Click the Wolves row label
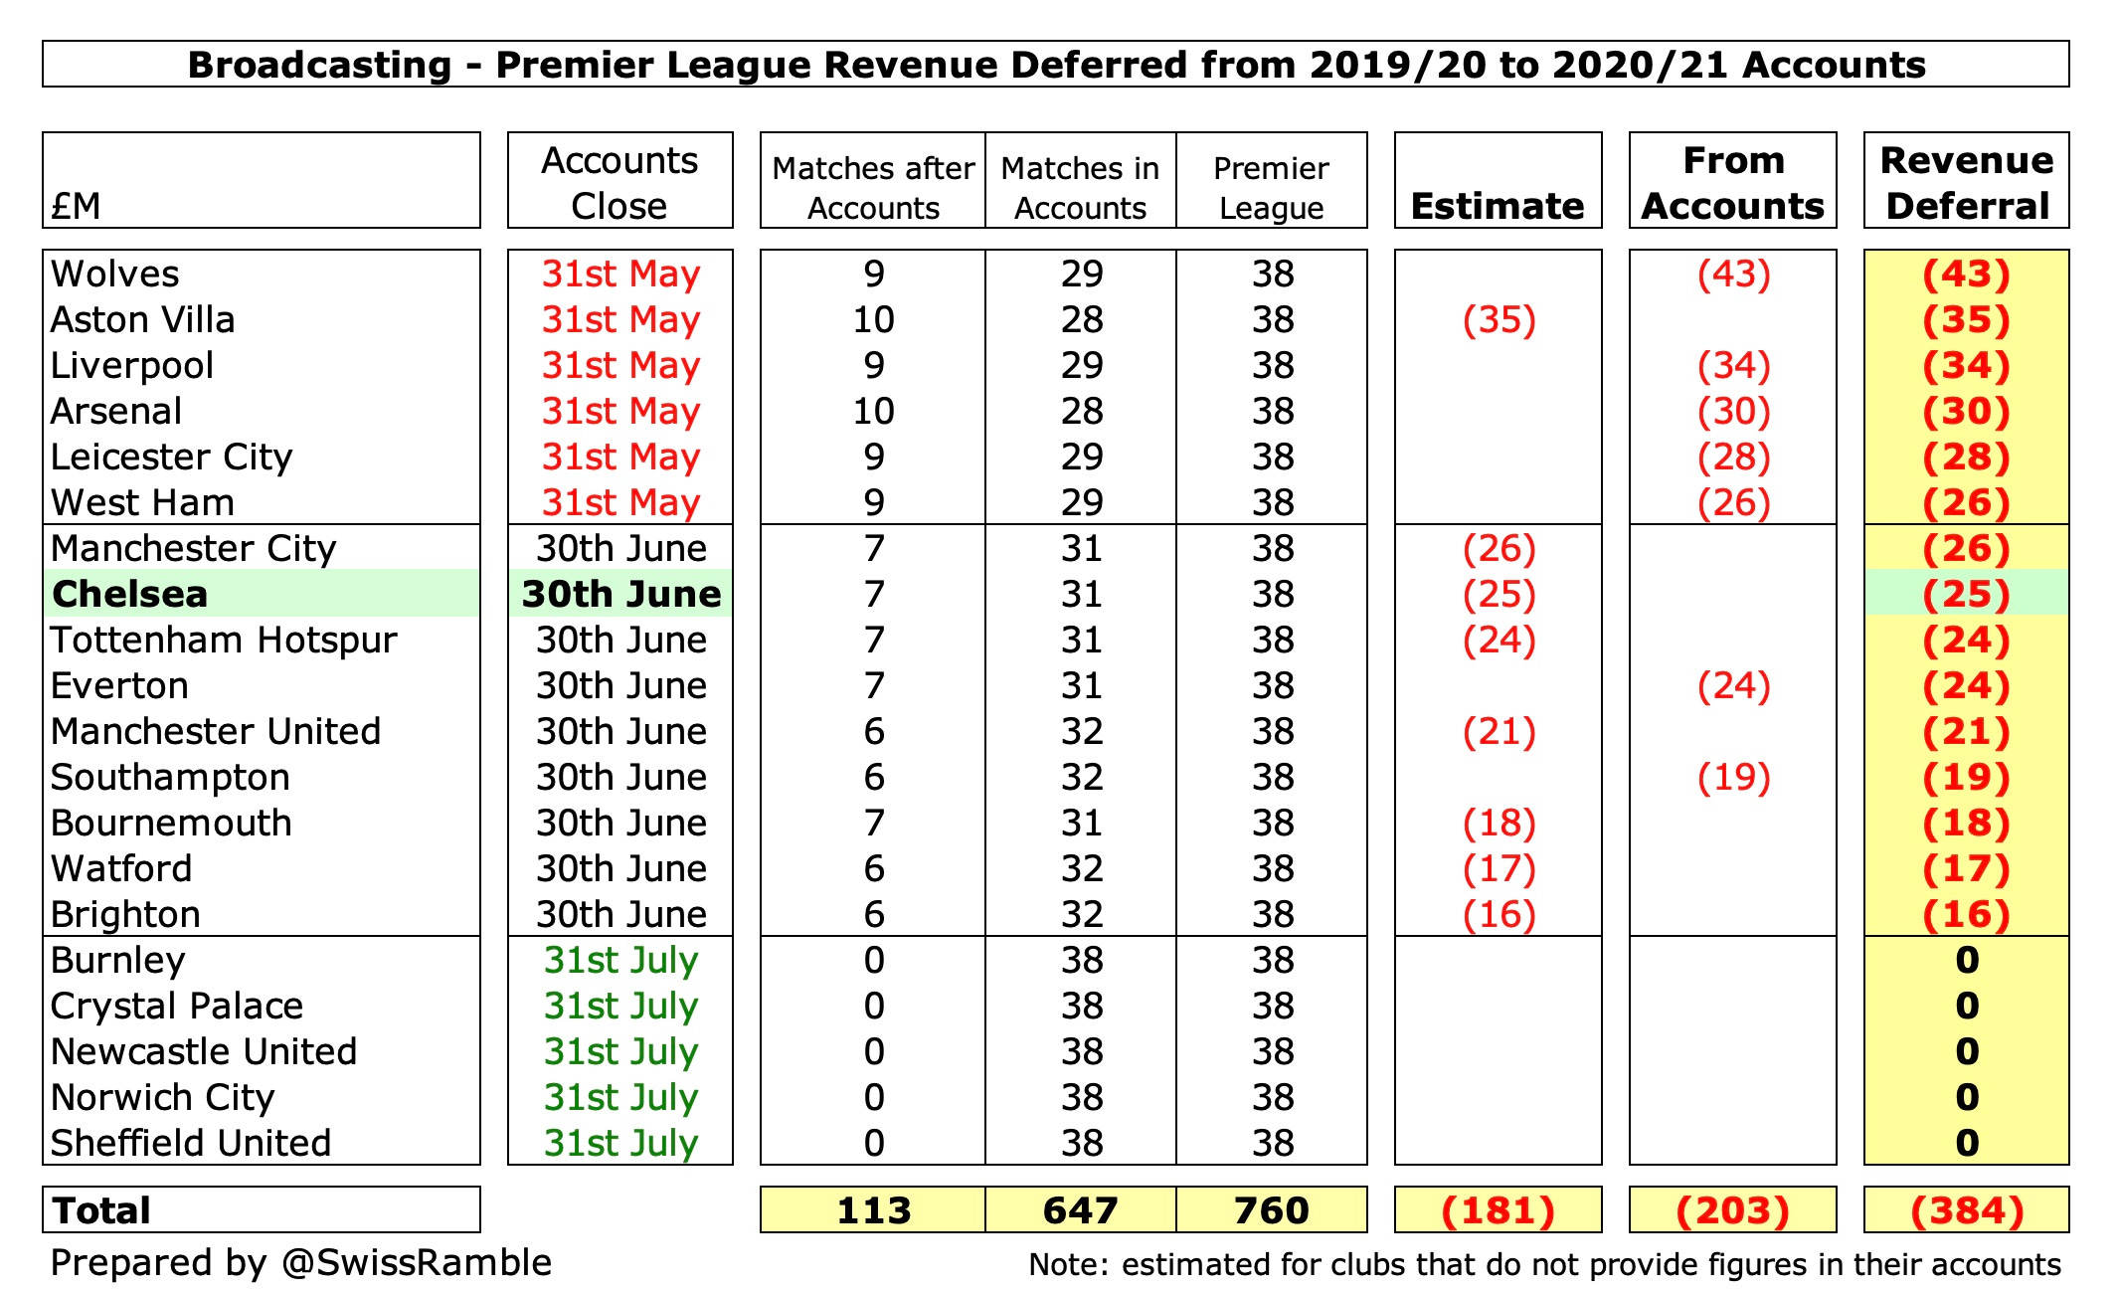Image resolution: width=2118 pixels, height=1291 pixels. pos(115,274)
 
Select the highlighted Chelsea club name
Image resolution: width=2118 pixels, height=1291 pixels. pos(130,594)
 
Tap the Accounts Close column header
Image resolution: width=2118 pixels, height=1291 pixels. pos(619,182)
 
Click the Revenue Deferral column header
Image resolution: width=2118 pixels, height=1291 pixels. pos(1967,182)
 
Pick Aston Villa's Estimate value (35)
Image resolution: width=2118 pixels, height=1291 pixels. pos(1499,319)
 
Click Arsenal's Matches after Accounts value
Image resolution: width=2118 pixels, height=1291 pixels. pos(873,411)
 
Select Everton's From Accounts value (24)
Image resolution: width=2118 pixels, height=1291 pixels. pos(1733,685)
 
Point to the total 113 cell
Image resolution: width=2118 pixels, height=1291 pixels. pos(873,1210)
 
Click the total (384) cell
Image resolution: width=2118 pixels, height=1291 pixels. pos(1967,1210)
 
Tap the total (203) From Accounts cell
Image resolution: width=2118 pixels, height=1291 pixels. pos(1733,1210)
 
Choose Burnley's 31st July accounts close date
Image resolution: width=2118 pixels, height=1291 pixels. pos(620,960)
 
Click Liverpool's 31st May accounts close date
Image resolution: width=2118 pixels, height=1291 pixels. pos(620,365)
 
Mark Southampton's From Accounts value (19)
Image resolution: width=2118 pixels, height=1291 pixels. pos(1733,777)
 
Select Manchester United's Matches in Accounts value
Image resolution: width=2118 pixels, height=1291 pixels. pos(1081,731)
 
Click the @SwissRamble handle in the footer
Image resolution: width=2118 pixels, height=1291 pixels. pos(417,1262)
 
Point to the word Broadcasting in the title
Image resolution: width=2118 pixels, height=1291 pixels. pos(319,65)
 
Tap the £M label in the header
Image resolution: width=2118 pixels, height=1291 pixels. pos(76,206)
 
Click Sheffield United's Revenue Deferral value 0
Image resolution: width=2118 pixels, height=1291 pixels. pos(1967,1143)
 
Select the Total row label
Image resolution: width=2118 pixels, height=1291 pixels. pos(101,1210)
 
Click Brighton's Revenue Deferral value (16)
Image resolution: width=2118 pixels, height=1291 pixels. pos(1967,914)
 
